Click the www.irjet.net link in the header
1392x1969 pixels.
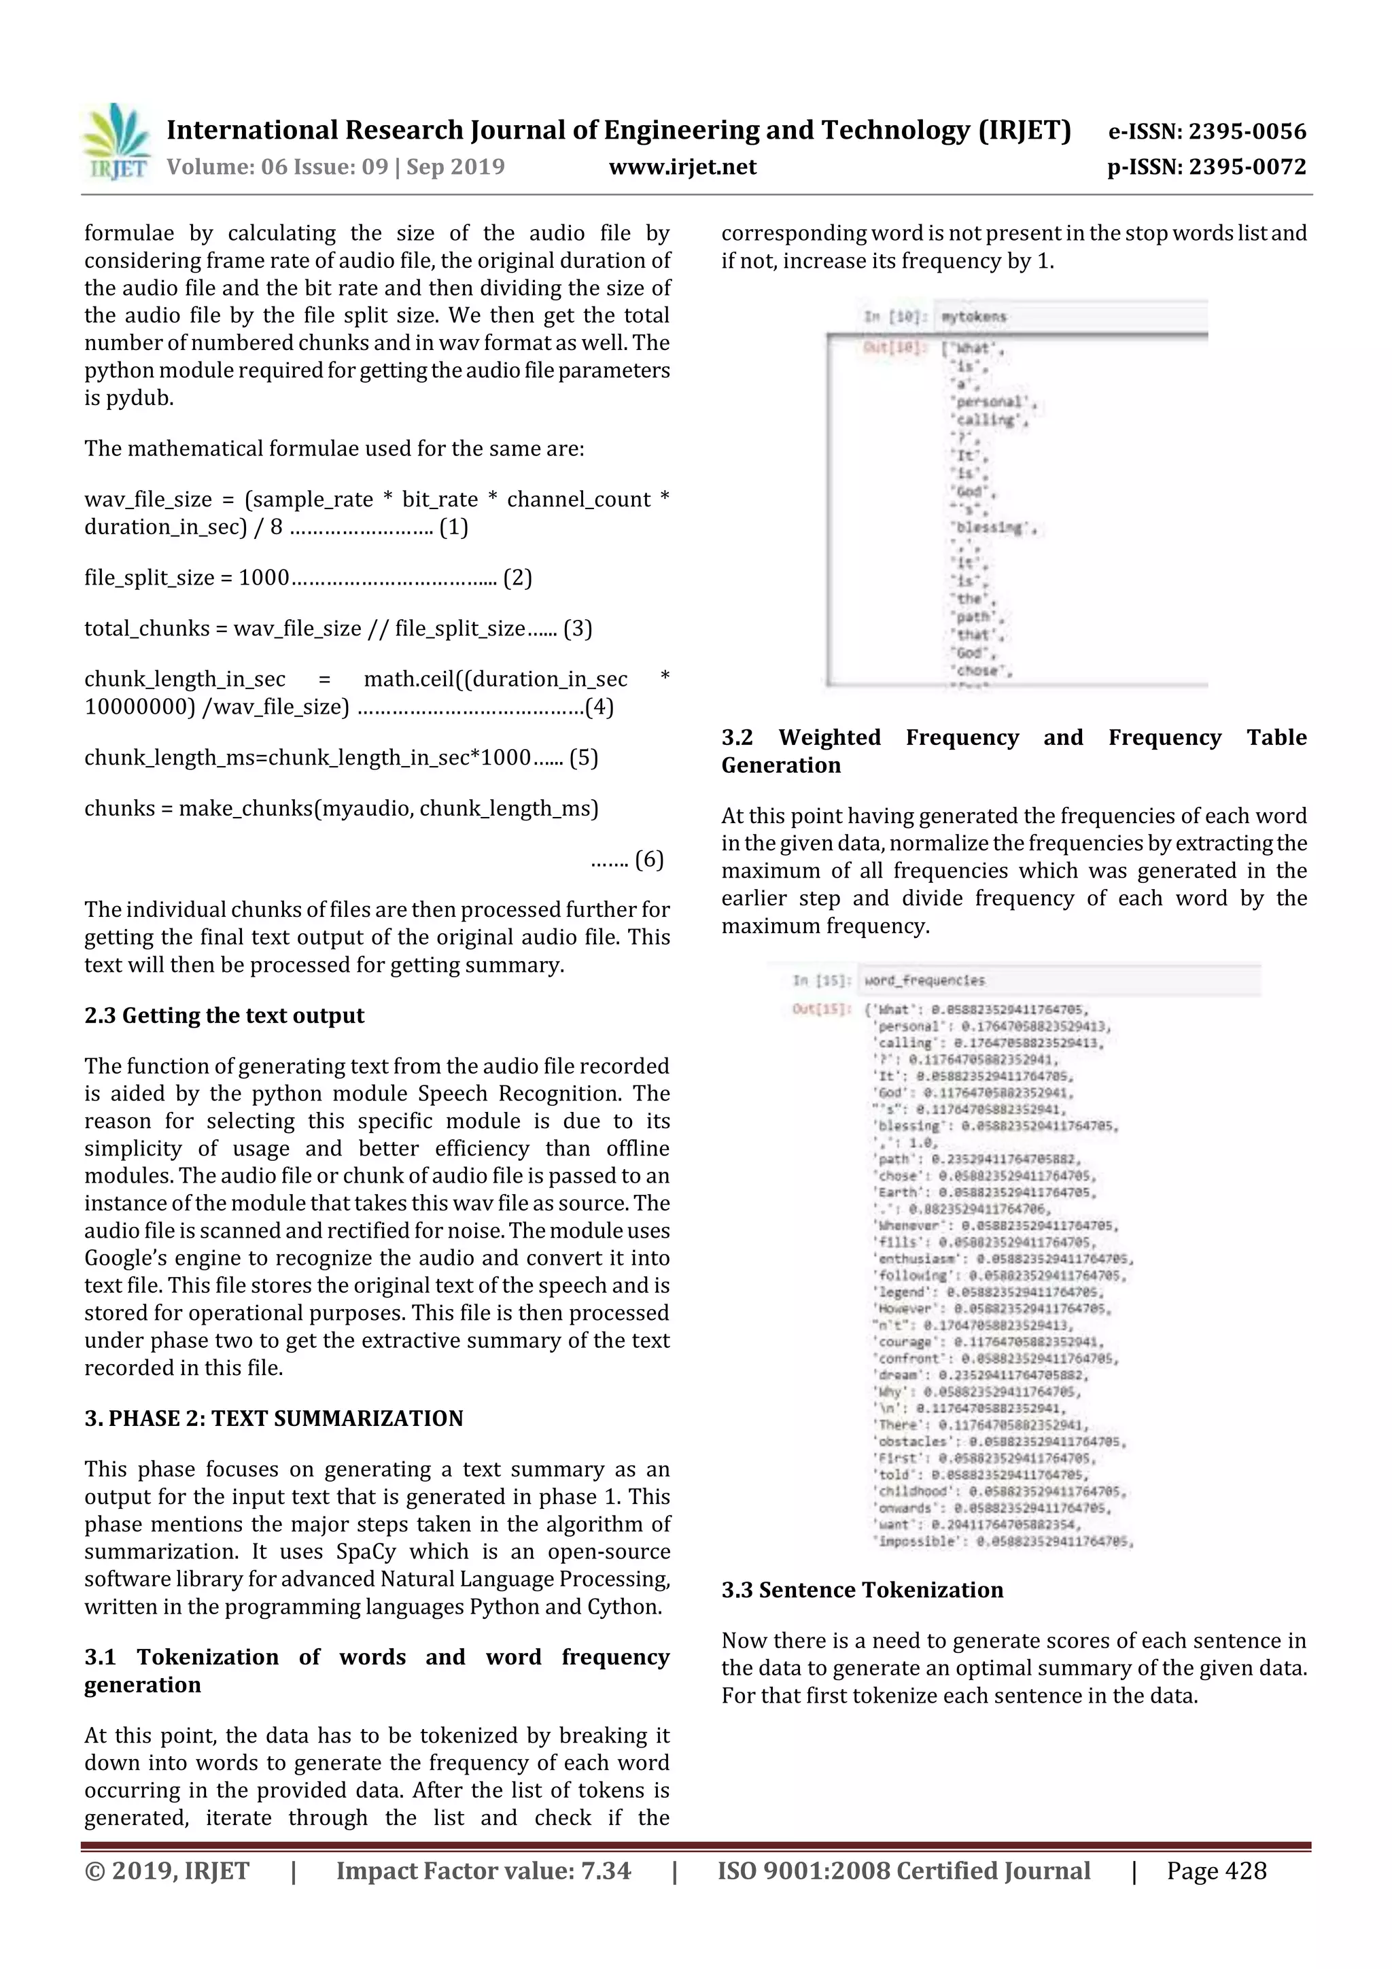point(682,167)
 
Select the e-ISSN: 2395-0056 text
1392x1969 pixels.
point(1206,131)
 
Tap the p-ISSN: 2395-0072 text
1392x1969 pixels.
point(1206,167)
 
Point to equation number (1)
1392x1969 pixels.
point(454,527)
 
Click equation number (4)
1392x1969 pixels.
point(599,707)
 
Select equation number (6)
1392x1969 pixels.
point(648,859)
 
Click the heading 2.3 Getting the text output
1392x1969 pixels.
point(224,1015)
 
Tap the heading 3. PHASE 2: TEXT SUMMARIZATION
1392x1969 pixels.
point(274,1418)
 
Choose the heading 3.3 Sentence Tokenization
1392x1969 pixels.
point(862,1590)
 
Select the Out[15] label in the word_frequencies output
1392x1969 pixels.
point(821,1009)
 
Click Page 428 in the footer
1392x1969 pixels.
point(1215,1871)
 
